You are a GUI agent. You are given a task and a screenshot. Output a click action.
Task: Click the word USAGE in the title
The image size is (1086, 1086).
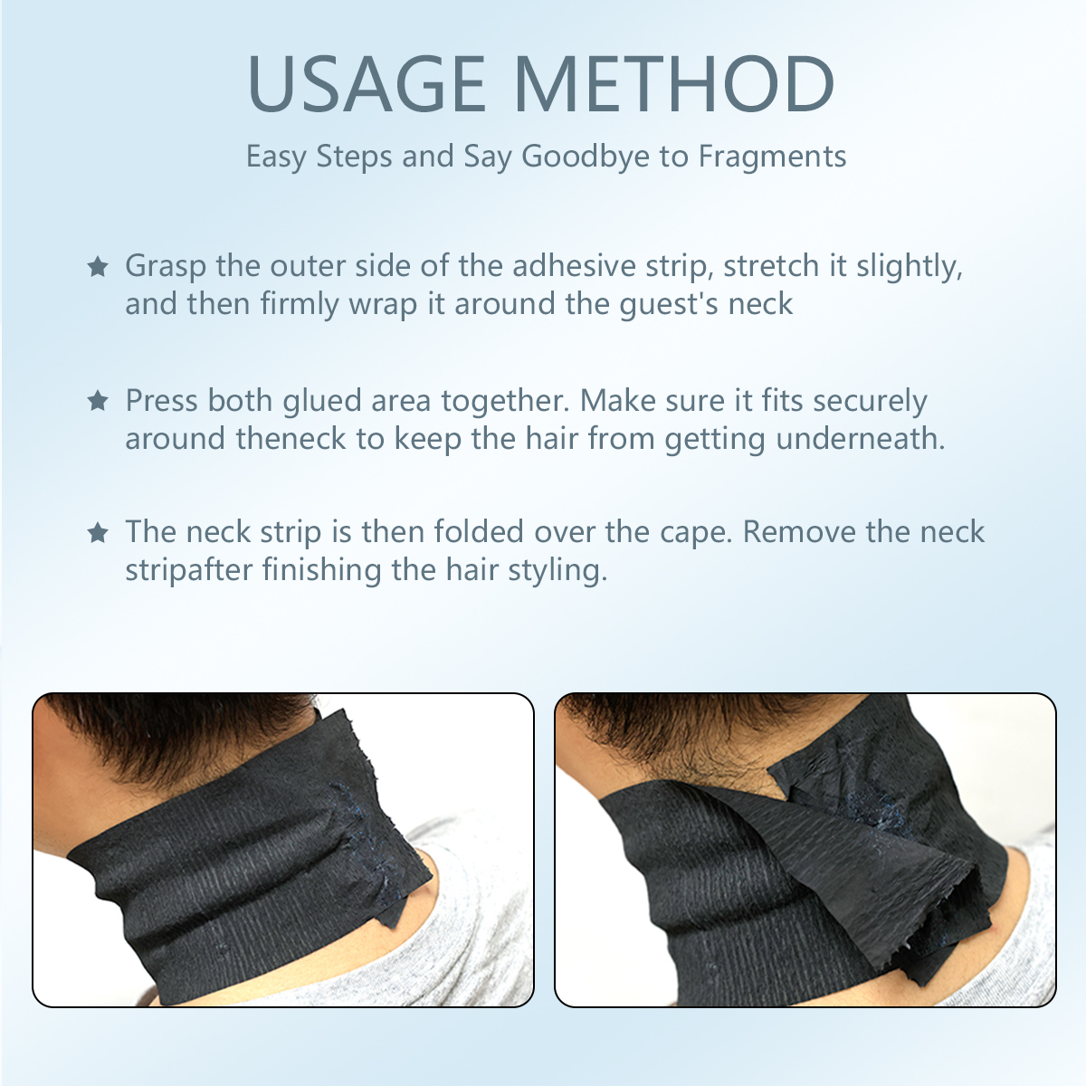coord(367,84)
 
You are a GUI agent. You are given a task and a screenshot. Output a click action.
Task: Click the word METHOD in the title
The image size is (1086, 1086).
coord(673,84)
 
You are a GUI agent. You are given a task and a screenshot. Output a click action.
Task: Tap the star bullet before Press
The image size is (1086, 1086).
coord(98,400)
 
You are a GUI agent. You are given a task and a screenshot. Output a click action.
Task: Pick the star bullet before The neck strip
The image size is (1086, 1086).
coord(98,532)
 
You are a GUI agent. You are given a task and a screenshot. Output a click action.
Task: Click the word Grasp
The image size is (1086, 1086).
coord(166,266)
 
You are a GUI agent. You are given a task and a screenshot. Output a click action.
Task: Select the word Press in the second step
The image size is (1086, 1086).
coord(162,400)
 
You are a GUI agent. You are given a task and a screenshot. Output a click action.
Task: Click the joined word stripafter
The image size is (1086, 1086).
coord(189,571)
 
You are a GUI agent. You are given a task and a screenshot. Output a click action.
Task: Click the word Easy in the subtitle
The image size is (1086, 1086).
coord(276,157)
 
